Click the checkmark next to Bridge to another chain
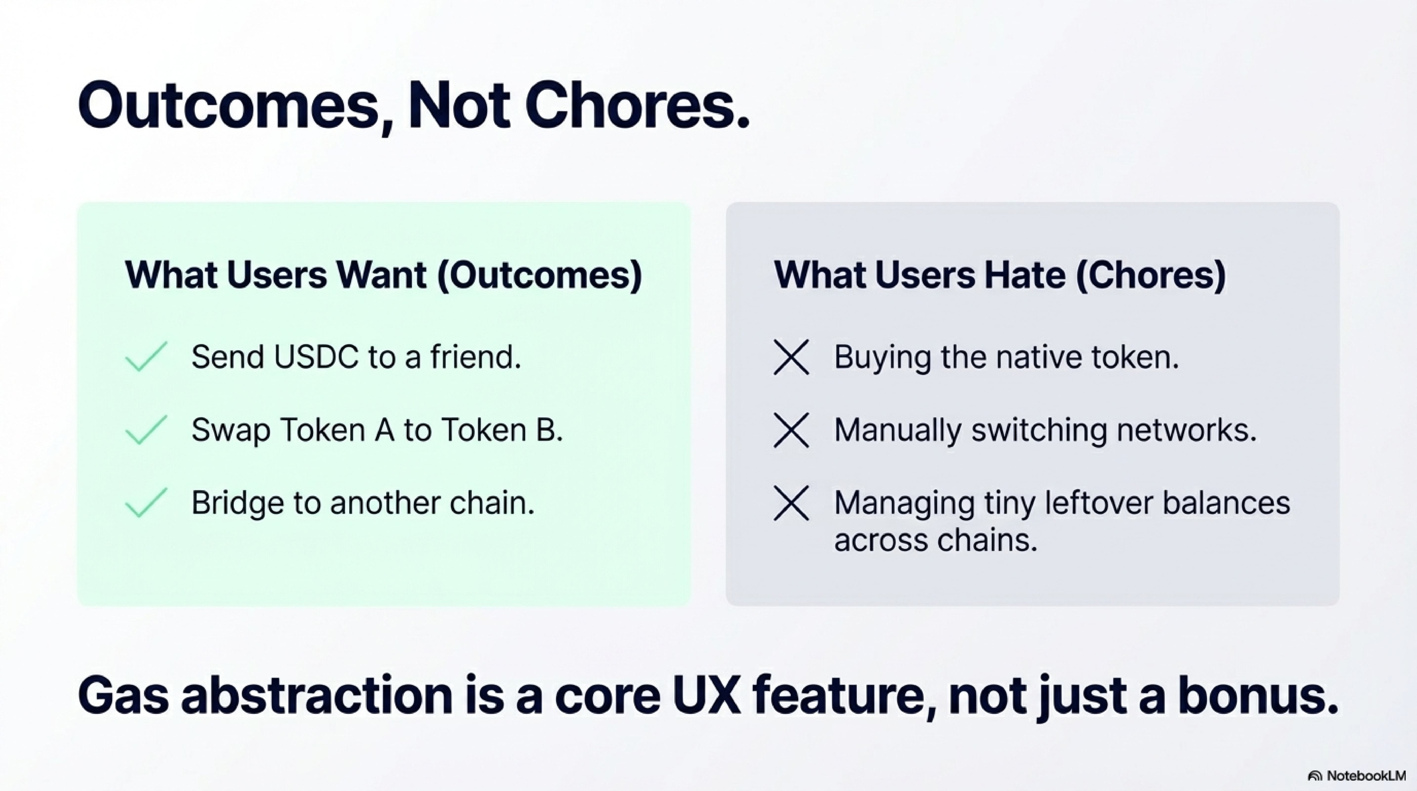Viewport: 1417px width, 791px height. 146,503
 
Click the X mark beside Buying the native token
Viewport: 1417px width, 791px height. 791,357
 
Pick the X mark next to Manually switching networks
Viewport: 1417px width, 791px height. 791,430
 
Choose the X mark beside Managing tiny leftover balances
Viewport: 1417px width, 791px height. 791,503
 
